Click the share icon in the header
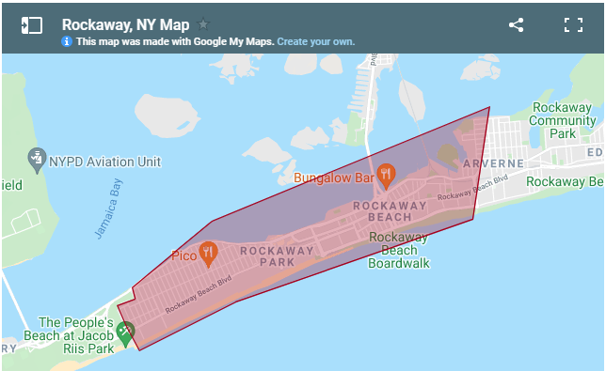[516, 25]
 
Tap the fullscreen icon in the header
[573, 25]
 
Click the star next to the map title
[204, 24]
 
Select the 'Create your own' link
[315, 42]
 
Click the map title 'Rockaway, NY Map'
[125, 24]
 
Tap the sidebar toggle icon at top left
[31, 25]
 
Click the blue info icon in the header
[67, 42]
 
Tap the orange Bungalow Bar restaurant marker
[386, 174]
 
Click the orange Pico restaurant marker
[208, 252]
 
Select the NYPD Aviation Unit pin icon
[37, 158]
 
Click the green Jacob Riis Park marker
[125, 331]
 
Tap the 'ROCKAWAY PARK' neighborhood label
[277, 257]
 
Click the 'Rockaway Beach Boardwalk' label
[399, 250]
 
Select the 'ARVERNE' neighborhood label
[493, 162]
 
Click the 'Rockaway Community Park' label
[562, 120]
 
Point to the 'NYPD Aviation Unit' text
[104, 161]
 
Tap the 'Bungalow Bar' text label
[334, 177]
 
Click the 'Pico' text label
[183, 255]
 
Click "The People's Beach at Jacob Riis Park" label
[75, 335]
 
